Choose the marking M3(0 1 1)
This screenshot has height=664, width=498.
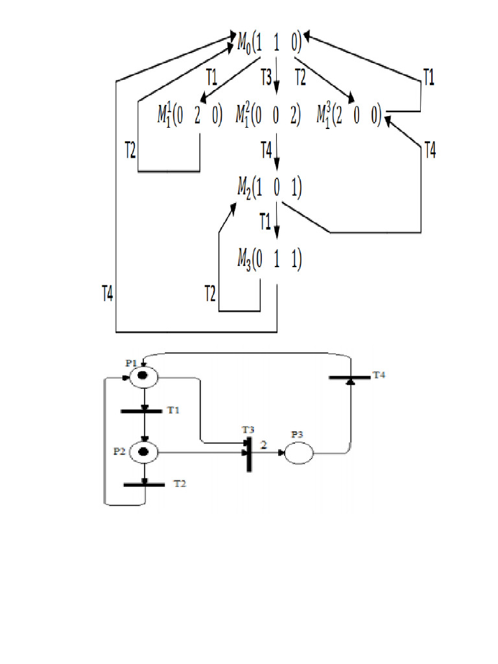[x=270, y=261]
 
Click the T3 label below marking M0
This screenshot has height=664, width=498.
[x=266, y=78]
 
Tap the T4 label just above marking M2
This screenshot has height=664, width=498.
[x=266, y=151]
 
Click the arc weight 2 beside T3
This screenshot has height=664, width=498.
[x=263, y=445]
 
